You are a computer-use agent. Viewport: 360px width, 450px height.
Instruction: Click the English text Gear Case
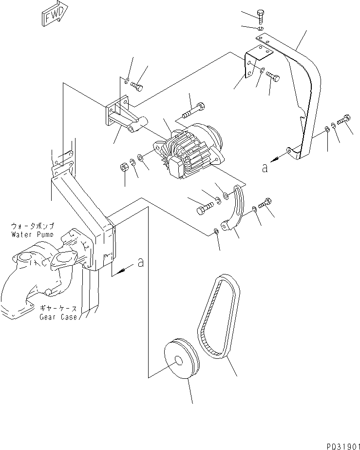(58, 317)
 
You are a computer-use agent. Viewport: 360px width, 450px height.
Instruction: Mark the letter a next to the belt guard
(265, 168)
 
